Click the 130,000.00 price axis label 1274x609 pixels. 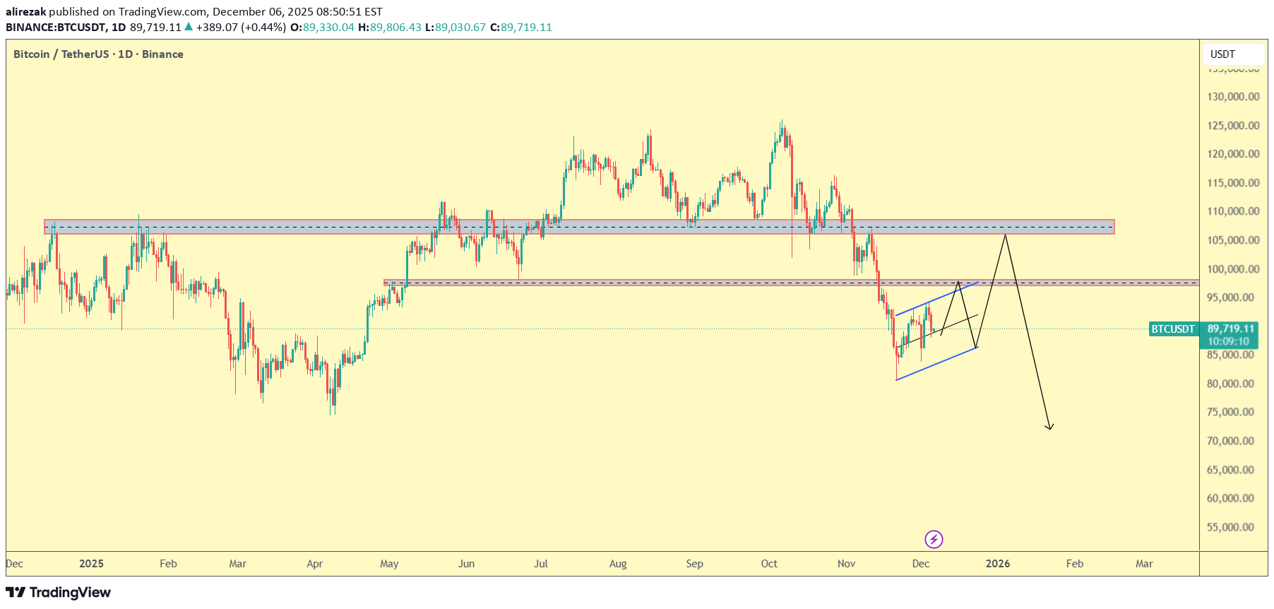point(1232,97)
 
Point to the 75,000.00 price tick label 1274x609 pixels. point(1232,412)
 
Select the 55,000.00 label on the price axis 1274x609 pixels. point(1232,527)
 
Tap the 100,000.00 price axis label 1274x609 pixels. point(1232,269)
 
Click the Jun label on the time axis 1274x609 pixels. point(466,564)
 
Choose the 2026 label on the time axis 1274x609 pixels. point(998,564)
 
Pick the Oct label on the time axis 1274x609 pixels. point(769,564)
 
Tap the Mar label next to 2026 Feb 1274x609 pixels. point(1144,564)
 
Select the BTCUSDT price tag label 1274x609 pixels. point(1173,329)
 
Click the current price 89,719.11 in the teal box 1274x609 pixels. point(1231,329)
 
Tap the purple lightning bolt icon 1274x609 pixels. point(934,540)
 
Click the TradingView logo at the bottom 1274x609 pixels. point(59,592)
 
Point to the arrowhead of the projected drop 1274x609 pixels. point(1050,427)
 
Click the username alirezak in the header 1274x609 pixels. point(25,12)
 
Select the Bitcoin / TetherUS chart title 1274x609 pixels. point(98,54)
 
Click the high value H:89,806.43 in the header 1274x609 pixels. point(390,28)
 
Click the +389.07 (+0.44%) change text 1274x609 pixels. point(241,28)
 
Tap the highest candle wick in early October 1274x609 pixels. point(781,122)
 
